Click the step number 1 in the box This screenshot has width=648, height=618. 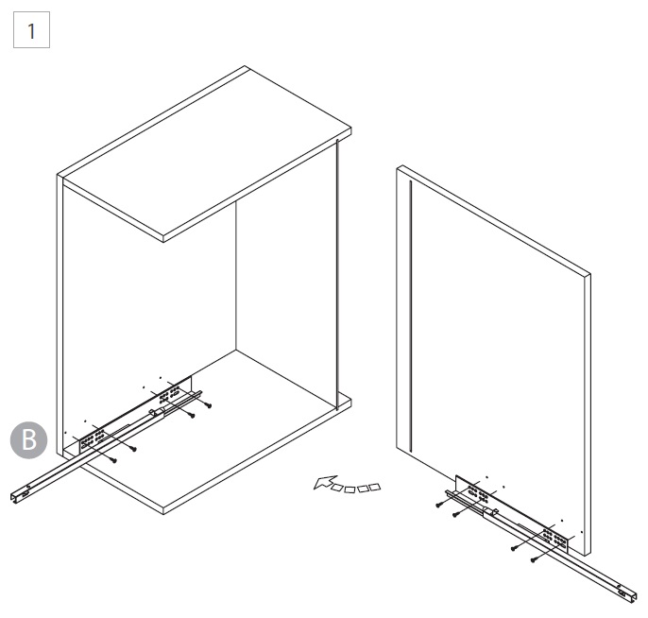(x=31, y=31)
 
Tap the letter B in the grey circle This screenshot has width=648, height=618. (x=29, y=439)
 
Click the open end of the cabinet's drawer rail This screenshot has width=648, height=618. (x=17, y=499)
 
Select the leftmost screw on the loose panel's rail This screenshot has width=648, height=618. (x=439, y=505)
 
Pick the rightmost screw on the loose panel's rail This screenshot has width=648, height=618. (x=534, y=560)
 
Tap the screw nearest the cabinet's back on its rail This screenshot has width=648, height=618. (x=208, y=406)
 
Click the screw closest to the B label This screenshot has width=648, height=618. (x=114, y=460)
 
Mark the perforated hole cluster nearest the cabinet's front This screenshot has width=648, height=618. (x=93, y=439)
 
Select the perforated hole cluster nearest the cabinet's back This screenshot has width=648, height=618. (x=169, y=394)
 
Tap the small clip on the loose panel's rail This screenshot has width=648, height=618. (x=490, y=512)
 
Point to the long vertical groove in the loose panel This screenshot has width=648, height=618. (x=410, y=317)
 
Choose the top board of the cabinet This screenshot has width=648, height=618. (x=205, y=154)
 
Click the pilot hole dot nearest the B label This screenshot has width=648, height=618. (x=66, y=433)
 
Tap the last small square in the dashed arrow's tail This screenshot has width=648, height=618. (x=374, y=488)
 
